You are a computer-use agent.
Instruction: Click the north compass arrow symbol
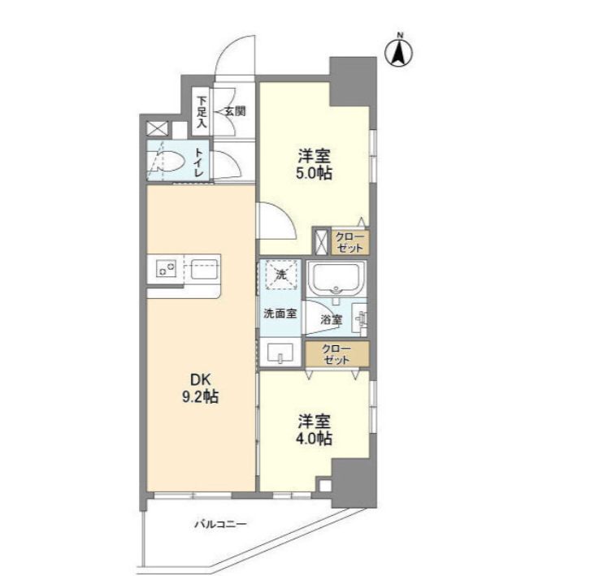pos(400,51)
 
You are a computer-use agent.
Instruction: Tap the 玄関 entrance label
pos(235,110)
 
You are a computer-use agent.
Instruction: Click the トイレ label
pos(199,162)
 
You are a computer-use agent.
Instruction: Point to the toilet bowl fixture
pos(167,162)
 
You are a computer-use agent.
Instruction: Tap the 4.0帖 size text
pos(314,439)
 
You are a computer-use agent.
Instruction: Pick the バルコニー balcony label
pos(219,524)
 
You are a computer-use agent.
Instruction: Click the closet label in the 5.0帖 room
pos(351,241)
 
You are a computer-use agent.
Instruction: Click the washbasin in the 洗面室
pos(280,351)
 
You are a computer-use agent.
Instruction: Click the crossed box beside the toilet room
pos(156,128)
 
